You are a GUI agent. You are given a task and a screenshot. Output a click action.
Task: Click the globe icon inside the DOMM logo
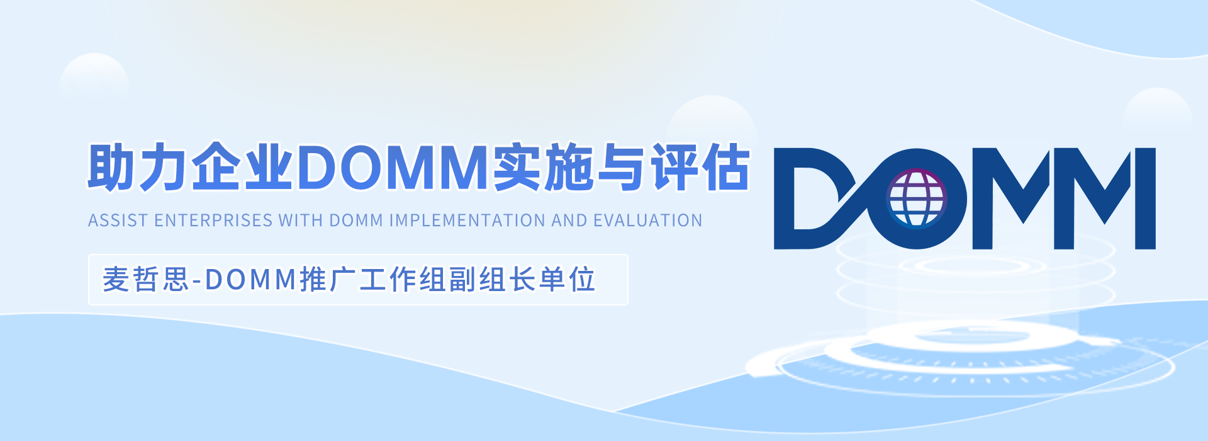coord(916,198)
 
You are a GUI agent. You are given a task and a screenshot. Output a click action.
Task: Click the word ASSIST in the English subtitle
coord(118,220)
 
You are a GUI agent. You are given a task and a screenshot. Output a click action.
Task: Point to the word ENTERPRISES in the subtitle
coord(213,220)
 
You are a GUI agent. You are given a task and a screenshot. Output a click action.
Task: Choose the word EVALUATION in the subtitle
coord(647,220)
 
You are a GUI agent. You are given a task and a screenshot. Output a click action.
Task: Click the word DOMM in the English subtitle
coord(356,220)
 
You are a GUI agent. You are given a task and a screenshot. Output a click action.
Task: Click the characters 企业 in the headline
coord(242,168)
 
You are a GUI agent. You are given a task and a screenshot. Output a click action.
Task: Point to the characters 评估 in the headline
coord(700,168)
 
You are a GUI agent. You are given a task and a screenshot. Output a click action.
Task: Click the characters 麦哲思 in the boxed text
coord(146,280)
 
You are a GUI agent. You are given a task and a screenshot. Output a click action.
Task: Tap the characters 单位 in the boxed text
coord(567,280)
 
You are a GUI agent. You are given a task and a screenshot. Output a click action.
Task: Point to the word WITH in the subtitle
coord(301,220)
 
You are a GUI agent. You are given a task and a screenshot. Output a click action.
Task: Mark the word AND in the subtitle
coord(569,220)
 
